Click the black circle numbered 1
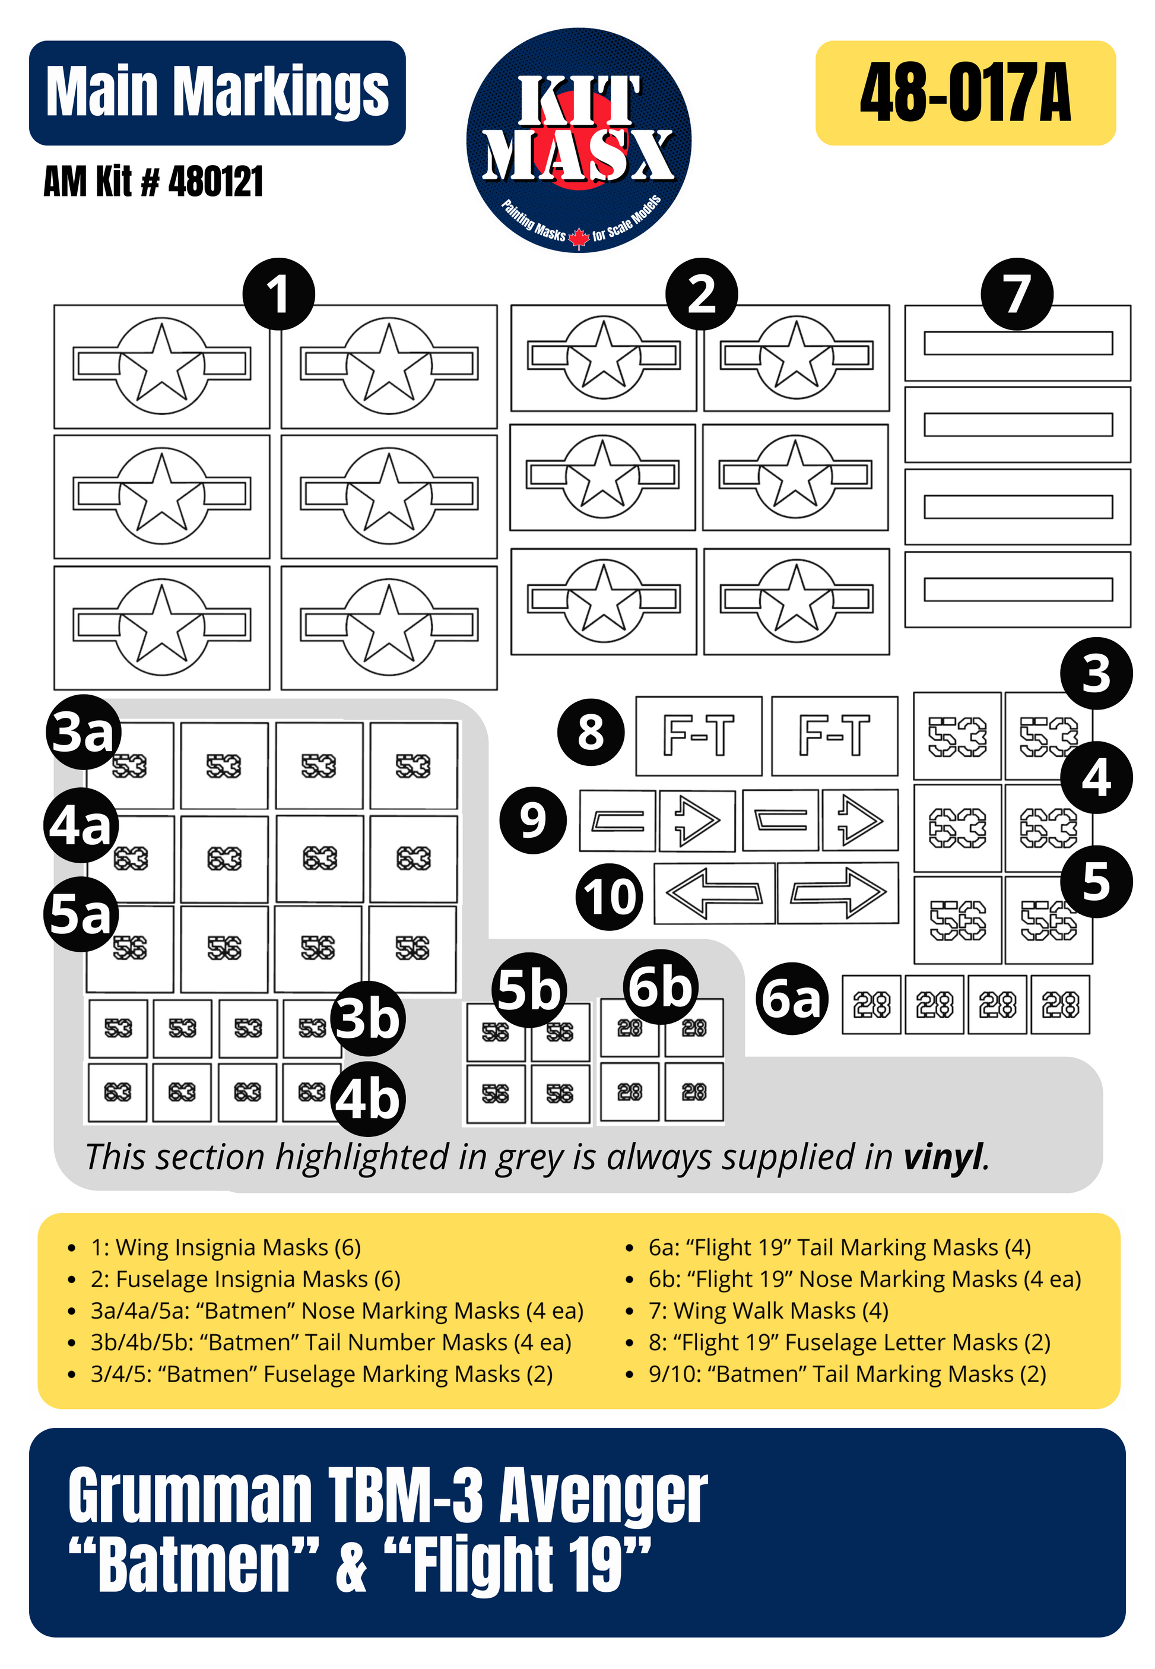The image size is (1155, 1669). pos(278,294)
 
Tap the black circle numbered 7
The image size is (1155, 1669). pos(1017,294)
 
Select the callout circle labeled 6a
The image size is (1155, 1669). pos(792,998)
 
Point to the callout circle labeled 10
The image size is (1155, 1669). pos(610,897)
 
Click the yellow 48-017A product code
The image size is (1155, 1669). pos(966,93)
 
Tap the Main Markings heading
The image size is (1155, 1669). pos(217,92)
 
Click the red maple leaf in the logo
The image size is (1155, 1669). pos(579,237)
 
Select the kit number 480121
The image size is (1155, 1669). pos(215,181)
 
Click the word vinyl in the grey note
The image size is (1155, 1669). pos(944,1156)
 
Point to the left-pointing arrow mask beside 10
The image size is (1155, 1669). pos(714,893)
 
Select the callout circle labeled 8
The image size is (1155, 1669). pos(591,733)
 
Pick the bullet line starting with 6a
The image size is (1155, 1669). pos(839,1247)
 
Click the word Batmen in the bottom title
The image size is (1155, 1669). pos(193,1563)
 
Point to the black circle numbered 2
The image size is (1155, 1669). pos(702,294)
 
